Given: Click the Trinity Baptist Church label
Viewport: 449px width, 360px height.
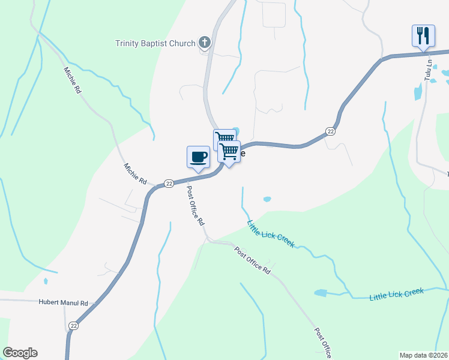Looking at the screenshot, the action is tap(155, 43).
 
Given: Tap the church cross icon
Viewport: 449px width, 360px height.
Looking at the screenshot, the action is tap(205, 43).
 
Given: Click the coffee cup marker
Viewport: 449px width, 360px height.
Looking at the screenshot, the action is tap(198, 157).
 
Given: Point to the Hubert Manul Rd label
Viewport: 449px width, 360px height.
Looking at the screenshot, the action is tap(64, 303).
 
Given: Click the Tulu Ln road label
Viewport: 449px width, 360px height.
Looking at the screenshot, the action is tap(429, 70).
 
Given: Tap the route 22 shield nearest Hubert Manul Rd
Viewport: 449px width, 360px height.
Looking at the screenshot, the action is tap(73, 325).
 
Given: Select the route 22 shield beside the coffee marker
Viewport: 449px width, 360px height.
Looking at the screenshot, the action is tap(169, 182).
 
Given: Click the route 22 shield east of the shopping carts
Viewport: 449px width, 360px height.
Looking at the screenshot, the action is tap(330, 131).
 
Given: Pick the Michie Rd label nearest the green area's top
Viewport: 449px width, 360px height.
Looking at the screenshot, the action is tap(72, 80).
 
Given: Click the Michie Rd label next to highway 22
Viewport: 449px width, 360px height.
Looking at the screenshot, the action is tap(136, 173).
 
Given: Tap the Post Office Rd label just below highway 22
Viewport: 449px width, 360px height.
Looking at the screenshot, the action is tap(196, 205).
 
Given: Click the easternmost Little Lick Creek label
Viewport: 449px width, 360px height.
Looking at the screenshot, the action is tap(396, 294).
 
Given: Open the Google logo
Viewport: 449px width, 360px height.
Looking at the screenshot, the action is tap(20, 353).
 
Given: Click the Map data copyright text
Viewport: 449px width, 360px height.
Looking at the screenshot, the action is tap(424, 355).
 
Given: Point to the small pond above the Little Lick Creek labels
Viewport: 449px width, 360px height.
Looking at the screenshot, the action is tap(267, 199).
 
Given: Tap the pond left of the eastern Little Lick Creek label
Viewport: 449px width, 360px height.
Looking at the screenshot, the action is tap(321, 293).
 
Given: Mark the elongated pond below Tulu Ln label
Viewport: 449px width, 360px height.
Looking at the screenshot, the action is tap(418, 92).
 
